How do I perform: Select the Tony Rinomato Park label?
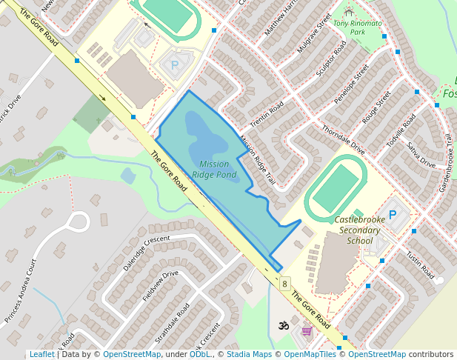[x=358, y=28]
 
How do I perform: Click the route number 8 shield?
[x=284, y=284]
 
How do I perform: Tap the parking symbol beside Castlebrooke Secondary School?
[x=393, y=215]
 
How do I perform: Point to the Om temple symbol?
[x=282, y=324]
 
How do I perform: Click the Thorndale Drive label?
[x=343, y=139]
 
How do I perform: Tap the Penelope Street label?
[x=351, y=85]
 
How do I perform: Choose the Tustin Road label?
[x=419, y=263]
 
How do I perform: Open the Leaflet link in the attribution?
[x=41, y=354]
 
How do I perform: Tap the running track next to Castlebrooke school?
[x=337, y=187]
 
